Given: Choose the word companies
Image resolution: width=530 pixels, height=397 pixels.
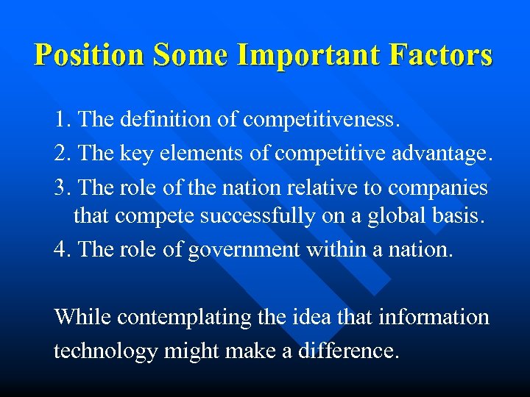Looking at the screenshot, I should pos(437,188).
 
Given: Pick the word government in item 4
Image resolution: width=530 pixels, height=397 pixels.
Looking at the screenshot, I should pos(243,251).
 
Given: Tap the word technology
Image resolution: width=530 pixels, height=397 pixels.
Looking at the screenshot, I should pos(105,351).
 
